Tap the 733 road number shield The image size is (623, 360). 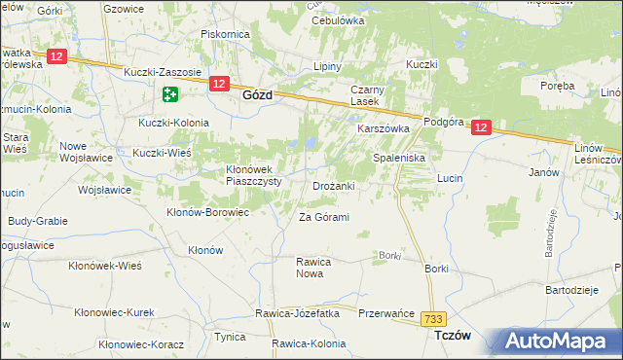point(433,318)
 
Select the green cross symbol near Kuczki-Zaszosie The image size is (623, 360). point(170,94)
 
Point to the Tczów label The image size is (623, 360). point(451,336)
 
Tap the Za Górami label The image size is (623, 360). point(323,217)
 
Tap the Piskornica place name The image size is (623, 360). point(225,33)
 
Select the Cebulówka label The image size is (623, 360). point(338,20)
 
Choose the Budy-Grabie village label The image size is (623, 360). point(38,221)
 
